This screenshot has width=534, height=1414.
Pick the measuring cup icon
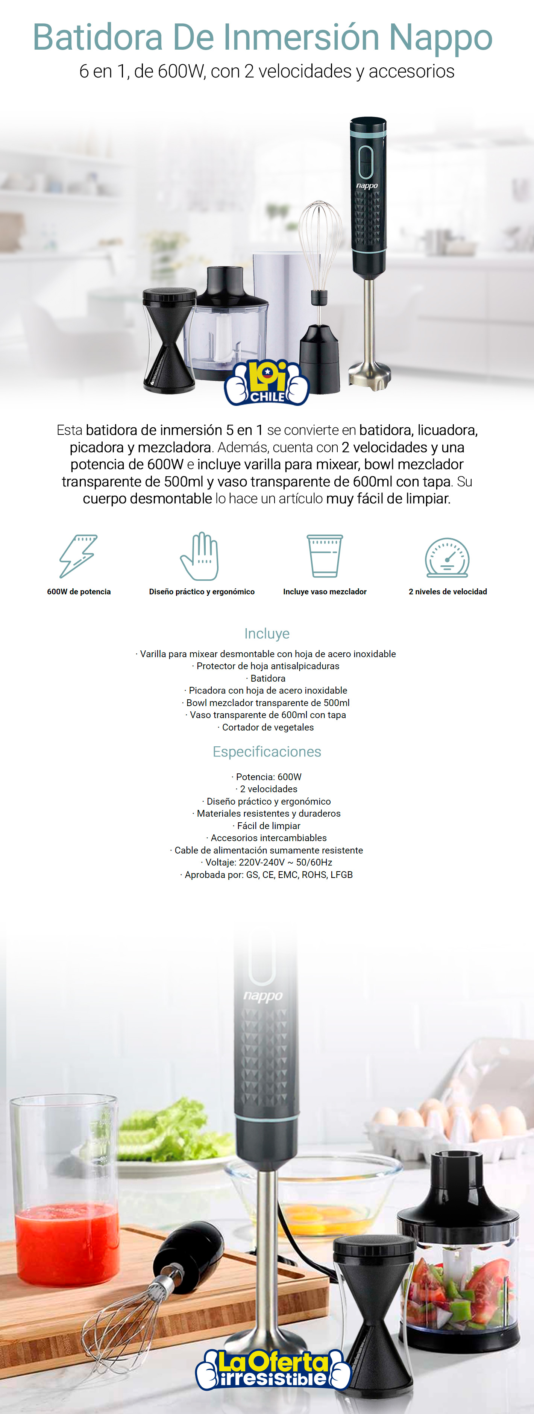coord(325,556)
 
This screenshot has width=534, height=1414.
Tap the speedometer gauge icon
coord(447,557)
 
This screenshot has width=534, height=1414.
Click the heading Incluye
coord(267,633)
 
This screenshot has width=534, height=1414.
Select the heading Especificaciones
coord(267,752)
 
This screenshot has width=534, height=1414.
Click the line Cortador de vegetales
coord(267,727)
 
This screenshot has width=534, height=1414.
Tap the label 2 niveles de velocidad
coord(447,592)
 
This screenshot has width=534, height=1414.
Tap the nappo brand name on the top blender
coord(367,185)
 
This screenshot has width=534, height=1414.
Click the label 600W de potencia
coord(79,592)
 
